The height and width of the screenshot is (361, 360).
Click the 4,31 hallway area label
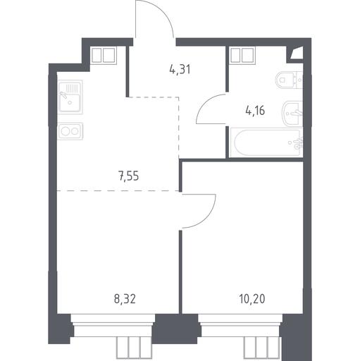(180, 70)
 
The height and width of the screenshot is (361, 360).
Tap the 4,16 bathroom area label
(255, 111)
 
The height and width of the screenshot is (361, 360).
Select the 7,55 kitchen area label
(129, 176)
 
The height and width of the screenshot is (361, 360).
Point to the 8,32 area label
(125, 300)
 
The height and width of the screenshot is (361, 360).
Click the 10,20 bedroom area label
(252, 299)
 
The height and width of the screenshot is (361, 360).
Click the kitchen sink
(70, 97)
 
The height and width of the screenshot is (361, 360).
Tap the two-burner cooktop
(70, 131)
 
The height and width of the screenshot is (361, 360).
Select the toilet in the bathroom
(289, 80)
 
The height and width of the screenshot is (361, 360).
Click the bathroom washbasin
(292, 114)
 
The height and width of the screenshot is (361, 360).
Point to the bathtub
(266, 142)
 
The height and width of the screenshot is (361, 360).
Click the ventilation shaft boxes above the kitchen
(104, 56)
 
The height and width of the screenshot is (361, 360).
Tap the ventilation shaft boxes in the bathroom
(242, 55)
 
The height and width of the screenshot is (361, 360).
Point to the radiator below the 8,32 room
(135, 348)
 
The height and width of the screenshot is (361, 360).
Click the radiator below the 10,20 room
(262, 348)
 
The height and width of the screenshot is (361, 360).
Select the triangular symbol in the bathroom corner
(297, 53)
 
